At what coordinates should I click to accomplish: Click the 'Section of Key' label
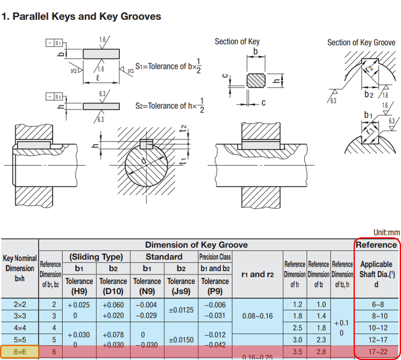(237, 42)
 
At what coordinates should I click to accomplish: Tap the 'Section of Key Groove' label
(361, 43)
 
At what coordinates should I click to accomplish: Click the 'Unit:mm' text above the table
(386, 233)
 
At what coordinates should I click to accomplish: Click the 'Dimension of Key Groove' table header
(196, 245)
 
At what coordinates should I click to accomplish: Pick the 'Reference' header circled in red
(376, 245)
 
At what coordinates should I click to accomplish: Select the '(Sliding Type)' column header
(96, 257)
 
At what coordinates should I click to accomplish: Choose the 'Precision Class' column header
(215, 257)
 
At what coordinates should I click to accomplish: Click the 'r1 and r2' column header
(258, 275)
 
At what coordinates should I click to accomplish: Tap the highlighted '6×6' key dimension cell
(20, 352)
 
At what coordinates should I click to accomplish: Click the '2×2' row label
(20, 305)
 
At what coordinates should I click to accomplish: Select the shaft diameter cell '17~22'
(378, 352)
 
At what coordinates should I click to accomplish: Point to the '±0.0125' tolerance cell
(181, 310)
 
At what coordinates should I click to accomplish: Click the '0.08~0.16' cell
(258, 316)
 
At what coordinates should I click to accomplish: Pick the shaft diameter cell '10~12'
(378, 328)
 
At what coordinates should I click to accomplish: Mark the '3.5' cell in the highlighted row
(297, 352)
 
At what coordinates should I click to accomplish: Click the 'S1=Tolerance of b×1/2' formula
(168, 66)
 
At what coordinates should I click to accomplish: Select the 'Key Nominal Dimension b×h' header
(20, 268)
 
